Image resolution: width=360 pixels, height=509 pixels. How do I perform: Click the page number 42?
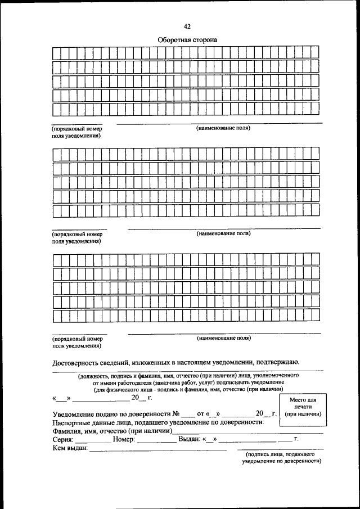pos(187,26)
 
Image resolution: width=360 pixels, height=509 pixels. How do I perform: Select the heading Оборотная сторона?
pos(187,40)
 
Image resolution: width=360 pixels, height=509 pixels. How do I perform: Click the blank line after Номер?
pos(156,440)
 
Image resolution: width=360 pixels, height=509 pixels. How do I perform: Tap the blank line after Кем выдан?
pos(157,449)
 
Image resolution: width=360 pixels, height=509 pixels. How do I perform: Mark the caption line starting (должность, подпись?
pos(188,375)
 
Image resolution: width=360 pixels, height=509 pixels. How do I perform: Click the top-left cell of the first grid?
pos(56,52)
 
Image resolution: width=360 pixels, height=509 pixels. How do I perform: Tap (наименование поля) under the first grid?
pos(223,128)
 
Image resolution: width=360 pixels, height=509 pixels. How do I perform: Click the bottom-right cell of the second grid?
pos(315,211)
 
